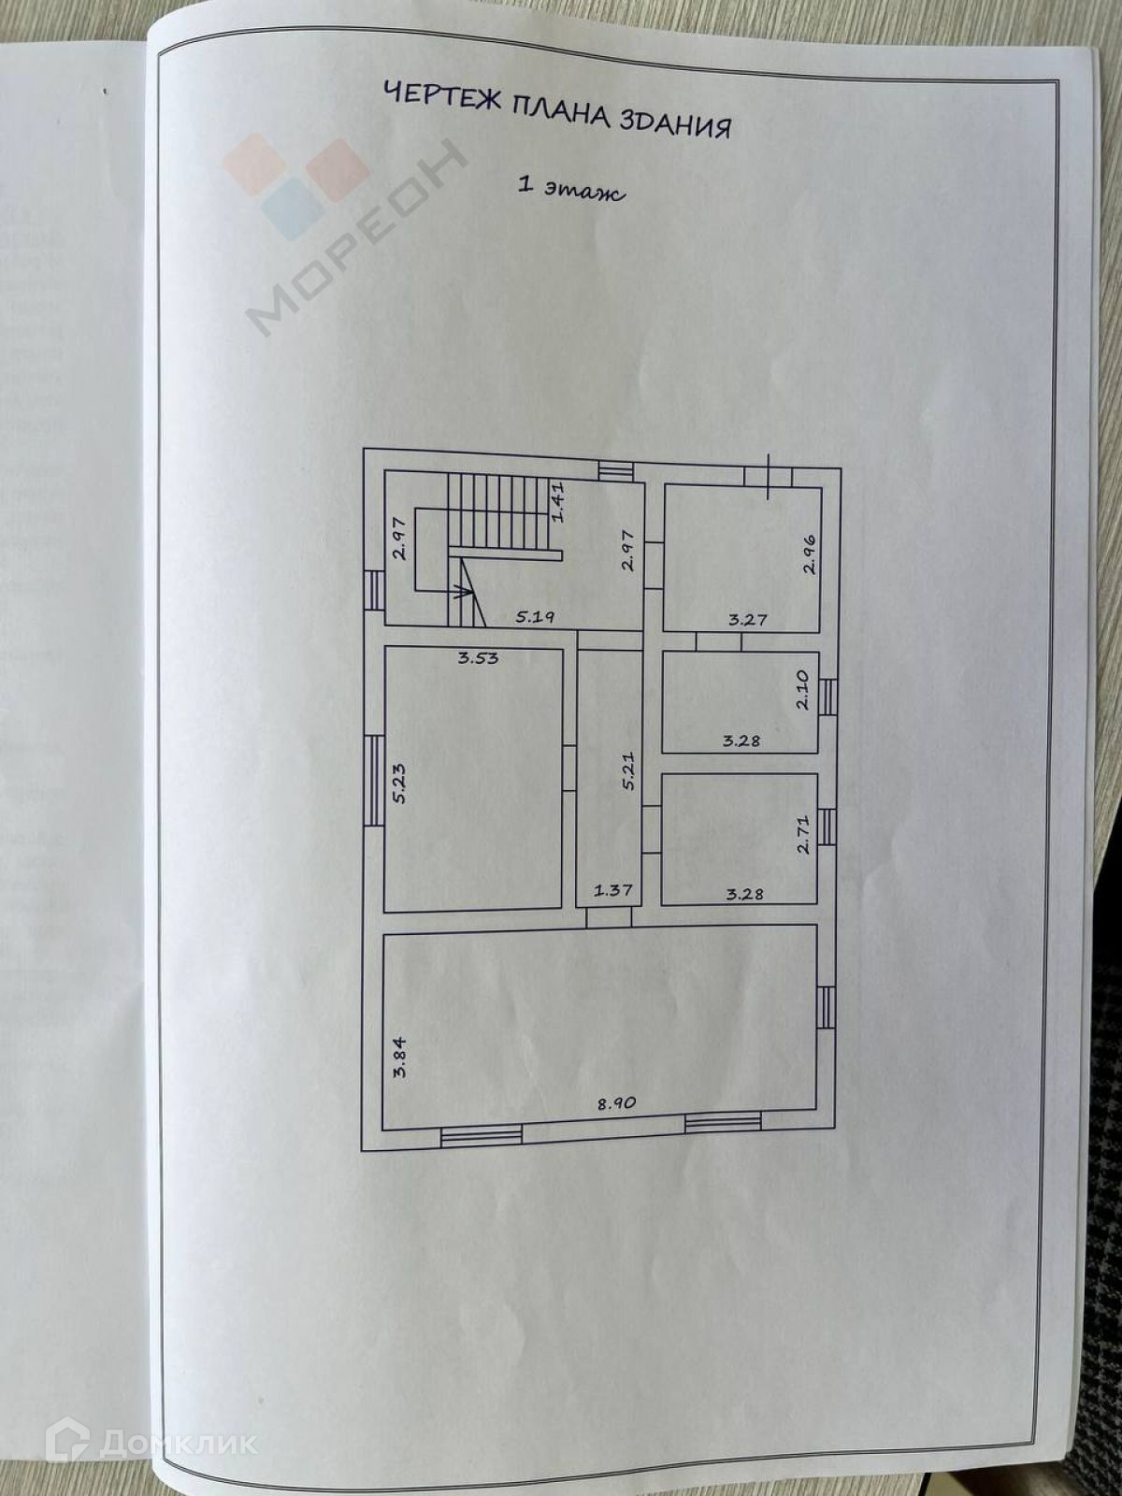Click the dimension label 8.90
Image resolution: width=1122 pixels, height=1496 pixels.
(617, 1102)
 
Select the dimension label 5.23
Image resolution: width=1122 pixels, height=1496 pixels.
(398, 783)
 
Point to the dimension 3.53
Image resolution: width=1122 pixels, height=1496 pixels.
(478, 657)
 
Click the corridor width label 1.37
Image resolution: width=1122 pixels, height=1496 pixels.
(612, 890)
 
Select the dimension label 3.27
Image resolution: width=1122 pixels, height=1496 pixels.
(748, 618)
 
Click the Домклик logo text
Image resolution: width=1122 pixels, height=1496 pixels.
(178, 1443)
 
